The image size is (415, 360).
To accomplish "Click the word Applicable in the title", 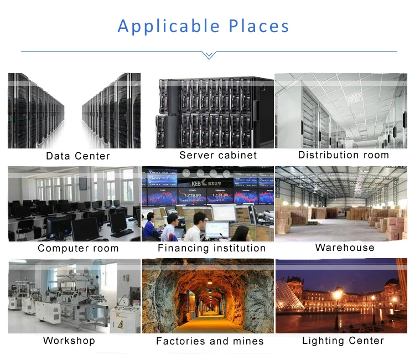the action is pos(169,27).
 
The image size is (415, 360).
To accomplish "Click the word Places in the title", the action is pos(258,26).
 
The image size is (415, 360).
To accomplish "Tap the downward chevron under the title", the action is pos(209,55).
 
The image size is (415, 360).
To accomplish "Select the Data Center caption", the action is pos(78,156).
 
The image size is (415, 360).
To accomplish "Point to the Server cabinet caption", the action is pos(218,155).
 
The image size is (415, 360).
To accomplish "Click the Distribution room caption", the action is pos(344,155).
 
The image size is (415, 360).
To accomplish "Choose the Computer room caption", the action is pos(78,248).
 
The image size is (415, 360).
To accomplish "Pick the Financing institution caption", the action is pos(212,248).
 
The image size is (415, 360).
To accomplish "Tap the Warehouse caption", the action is pos(345,248).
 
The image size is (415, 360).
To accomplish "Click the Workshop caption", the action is pos(69,341).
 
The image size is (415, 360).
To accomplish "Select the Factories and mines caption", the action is pos(210,341).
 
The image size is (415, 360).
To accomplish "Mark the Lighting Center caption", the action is pos(343,341).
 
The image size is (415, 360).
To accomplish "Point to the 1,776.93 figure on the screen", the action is pos(193,196).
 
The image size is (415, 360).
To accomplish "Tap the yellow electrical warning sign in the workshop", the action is pos(121,323).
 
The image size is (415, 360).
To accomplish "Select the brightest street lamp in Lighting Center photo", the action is pos(338,294).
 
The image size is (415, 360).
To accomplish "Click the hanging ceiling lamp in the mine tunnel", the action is pos(210,282).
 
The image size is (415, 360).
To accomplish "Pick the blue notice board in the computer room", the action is pos(83,183).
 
